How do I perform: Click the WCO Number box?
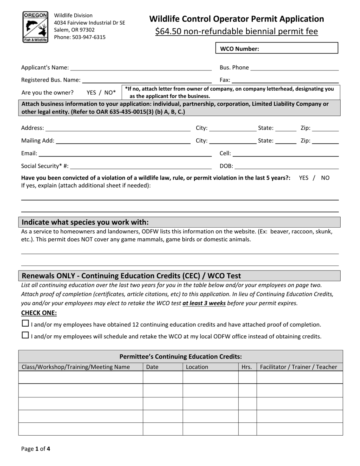277,48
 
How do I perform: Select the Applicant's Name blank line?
141,67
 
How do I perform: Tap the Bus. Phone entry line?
294,67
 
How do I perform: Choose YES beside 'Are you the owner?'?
92,92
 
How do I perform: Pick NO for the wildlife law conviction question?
325,178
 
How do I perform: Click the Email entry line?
125,153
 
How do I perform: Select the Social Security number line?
141,166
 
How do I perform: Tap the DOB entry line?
287,166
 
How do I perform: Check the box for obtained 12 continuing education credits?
25,324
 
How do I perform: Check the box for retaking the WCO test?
25,335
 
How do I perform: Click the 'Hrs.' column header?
247,367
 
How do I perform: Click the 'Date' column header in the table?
152,367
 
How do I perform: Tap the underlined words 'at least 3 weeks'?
204,303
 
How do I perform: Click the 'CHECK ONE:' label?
39,313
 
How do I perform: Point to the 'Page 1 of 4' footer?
36,449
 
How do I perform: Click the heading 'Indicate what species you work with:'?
85,222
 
